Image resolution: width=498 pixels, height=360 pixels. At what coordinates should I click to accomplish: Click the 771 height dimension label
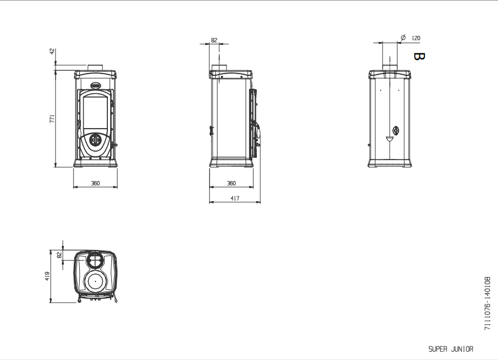[52, 119]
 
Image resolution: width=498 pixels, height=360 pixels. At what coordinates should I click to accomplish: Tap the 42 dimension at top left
[52, 51]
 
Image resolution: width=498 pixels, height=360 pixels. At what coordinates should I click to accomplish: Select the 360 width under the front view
[96, 183]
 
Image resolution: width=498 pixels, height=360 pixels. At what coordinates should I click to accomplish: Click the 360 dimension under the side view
[232, 183]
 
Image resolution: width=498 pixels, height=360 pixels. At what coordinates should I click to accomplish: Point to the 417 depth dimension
[235, 198]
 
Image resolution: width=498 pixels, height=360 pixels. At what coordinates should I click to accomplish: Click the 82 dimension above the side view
[214, 40]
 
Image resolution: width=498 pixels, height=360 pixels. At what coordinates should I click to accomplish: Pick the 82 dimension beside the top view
[59, 255]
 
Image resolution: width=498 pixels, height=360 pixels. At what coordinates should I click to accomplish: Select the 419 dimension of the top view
[47, 276]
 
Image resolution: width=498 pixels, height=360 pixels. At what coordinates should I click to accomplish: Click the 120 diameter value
[416, 38]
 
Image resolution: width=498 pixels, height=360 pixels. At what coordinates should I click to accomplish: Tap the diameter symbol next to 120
[403, 38]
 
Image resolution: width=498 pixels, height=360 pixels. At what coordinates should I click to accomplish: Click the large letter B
[419, 57]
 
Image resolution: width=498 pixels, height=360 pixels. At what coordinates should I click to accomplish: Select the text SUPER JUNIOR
[451, 349]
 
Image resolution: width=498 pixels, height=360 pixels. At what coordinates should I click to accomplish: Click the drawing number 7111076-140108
[487, 303]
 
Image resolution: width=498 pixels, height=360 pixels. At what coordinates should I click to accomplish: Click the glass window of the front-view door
[95, 113]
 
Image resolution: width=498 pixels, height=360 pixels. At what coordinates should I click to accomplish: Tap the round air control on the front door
[95, 140]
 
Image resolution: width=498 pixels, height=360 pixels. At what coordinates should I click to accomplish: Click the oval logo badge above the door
[96, 85]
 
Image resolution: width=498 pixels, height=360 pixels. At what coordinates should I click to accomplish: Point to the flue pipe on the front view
[95, 67]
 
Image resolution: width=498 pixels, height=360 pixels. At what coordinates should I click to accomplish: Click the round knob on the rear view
[396, 130]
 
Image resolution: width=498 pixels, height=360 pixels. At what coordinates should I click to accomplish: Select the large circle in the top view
[95, 281]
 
